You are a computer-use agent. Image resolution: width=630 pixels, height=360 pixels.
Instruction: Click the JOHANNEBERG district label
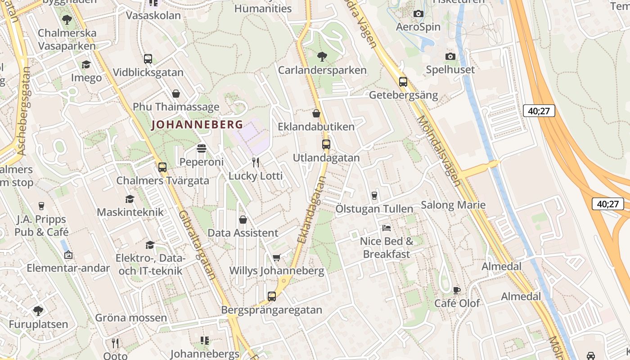(197, 125)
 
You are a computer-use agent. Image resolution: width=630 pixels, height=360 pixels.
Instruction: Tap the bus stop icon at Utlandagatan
(326, 144)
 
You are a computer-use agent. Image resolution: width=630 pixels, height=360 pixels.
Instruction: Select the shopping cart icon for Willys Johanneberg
(276, 257)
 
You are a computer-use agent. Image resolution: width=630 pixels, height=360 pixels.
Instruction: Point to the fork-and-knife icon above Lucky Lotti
(256, 162)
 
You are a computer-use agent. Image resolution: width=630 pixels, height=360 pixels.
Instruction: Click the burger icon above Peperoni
(201, 148)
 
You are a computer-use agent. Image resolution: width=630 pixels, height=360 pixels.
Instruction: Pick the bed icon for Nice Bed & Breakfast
(386, 228)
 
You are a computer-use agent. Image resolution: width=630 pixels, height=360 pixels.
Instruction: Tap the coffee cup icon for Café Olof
(457, 290)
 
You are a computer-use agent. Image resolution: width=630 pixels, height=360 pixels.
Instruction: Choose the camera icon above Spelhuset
(450, 56)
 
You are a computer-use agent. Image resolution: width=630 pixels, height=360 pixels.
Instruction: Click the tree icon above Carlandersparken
(322, 57)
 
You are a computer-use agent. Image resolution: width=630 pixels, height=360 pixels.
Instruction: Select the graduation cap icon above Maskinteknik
(130, 198)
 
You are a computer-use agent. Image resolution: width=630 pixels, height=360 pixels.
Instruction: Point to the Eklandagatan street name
(311, 210)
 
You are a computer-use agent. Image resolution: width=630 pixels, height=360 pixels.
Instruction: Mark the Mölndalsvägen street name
(439, 151)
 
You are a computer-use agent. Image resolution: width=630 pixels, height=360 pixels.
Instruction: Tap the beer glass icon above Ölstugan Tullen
(374, 195)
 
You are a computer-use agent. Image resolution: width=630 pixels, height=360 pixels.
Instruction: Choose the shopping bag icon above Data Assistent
(243, 220)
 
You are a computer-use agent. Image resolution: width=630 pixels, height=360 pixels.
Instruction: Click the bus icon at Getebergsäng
(403, 82)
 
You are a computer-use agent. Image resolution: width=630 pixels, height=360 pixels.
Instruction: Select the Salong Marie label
(453, 205)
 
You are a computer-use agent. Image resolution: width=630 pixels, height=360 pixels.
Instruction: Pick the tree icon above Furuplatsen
(38, 310)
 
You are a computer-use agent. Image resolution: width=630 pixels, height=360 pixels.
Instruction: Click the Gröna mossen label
(131, 318)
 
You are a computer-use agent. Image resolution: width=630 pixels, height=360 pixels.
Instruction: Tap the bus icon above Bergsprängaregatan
(271, 297)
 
